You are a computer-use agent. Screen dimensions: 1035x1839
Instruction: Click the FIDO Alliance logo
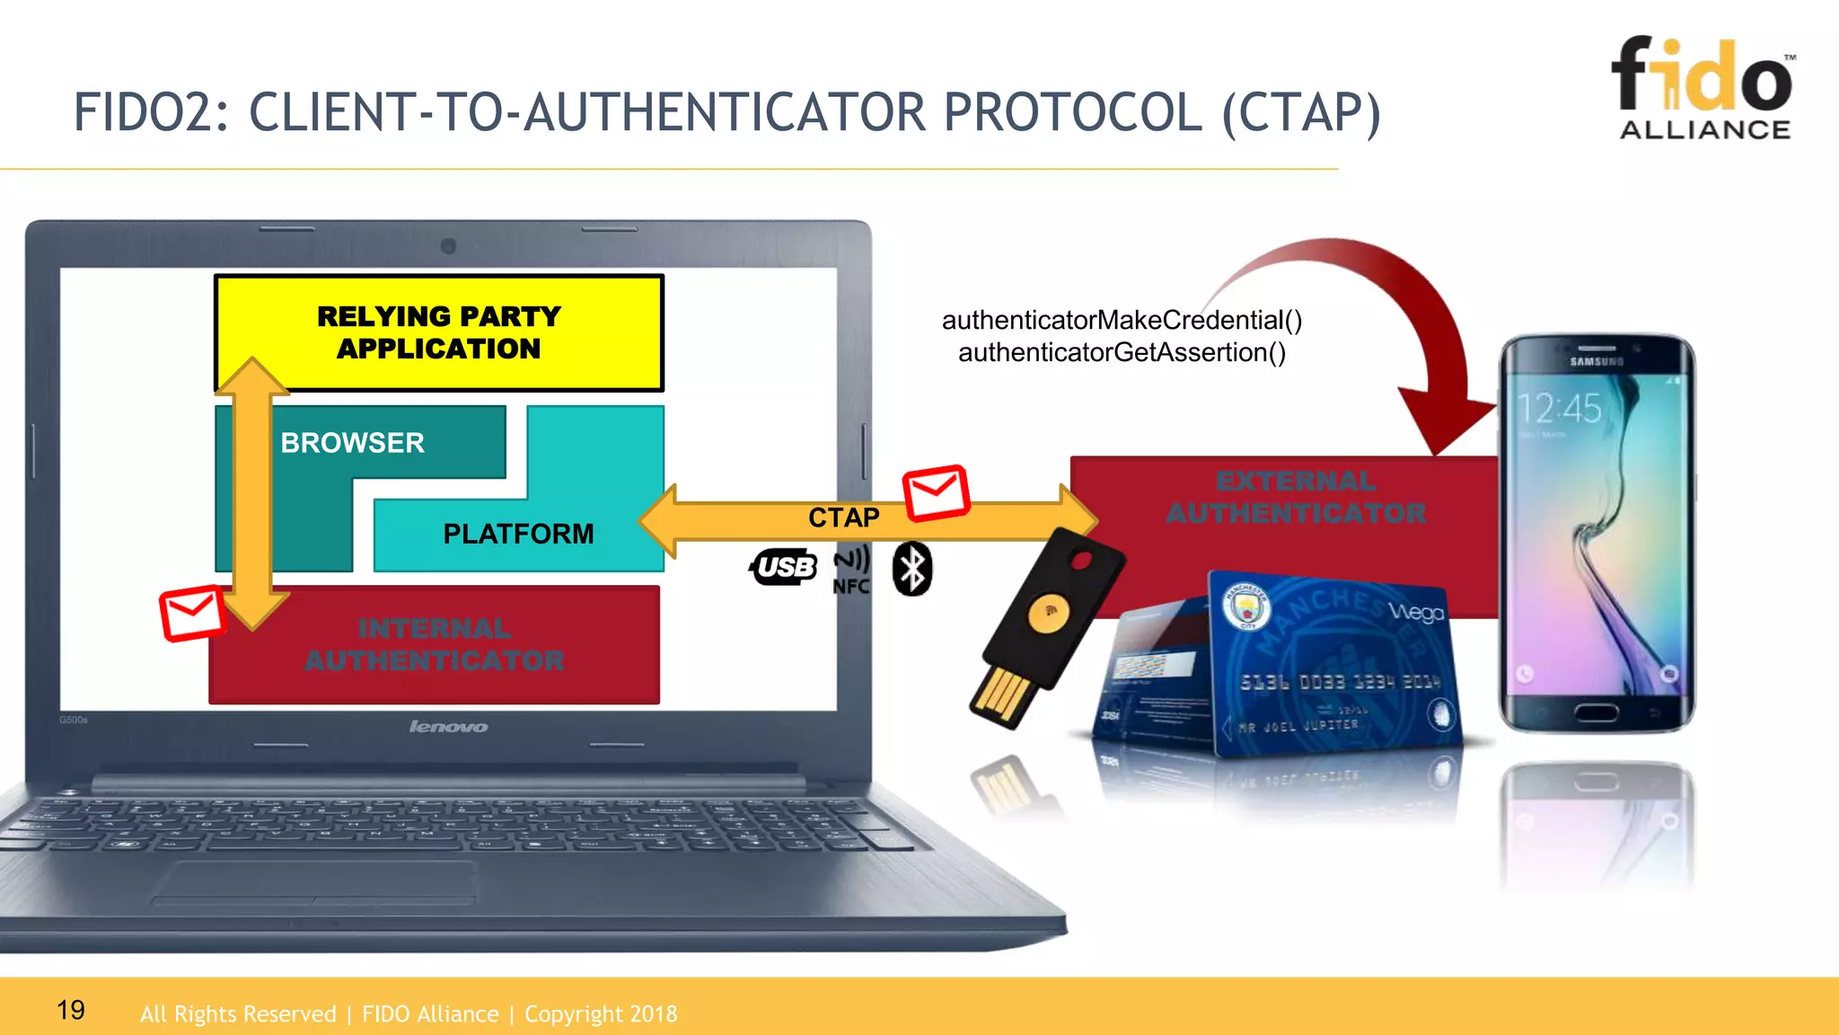click(1703, 88)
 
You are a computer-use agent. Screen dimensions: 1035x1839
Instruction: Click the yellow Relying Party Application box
click(438, 332)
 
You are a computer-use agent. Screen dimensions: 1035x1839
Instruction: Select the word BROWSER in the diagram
click(352, 443)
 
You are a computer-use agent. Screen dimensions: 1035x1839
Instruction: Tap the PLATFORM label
click(518, 534)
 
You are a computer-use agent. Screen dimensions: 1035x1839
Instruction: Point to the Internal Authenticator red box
click(435, 645)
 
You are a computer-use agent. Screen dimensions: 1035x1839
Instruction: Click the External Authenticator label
click(1295, 498)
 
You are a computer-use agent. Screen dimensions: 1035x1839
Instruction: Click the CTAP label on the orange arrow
click(843, 517)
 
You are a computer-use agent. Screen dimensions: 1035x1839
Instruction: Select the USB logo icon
click(783, 567)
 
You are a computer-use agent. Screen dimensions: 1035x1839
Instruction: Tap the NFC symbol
click(851, 571)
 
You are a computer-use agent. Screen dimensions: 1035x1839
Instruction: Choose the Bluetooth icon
click(912, 569)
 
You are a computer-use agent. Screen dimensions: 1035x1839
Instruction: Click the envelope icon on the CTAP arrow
click(936, 492)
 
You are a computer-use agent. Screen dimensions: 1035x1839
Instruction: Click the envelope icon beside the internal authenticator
click(192, 613)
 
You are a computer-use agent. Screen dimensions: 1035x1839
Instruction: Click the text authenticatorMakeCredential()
click(1122, 320)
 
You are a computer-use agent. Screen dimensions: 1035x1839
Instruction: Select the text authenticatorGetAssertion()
click(1122, 352)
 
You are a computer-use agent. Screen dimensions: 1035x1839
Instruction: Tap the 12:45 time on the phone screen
click(1560, 409)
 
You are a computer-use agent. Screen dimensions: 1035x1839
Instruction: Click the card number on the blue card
click(1340, 682)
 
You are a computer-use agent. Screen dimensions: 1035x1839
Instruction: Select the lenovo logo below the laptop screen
click(448, 726)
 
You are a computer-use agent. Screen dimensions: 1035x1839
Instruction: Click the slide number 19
click(71, 1010)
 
